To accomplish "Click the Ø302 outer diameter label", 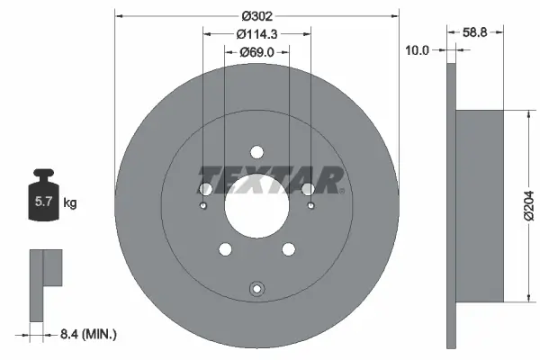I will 256,15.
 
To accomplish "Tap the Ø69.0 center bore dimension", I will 256,53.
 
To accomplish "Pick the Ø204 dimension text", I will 529,206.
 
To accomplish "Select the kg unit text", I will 70,204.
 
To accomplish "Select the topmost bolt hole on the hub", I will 256,152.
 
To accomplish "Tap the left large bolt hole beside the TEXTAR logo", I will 205,189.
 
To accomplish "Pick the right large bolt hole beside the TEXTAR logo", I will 308,189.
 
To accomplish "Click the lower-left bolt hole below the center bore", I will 225,250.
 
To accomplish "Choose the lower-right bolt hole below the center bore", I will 288,250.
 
